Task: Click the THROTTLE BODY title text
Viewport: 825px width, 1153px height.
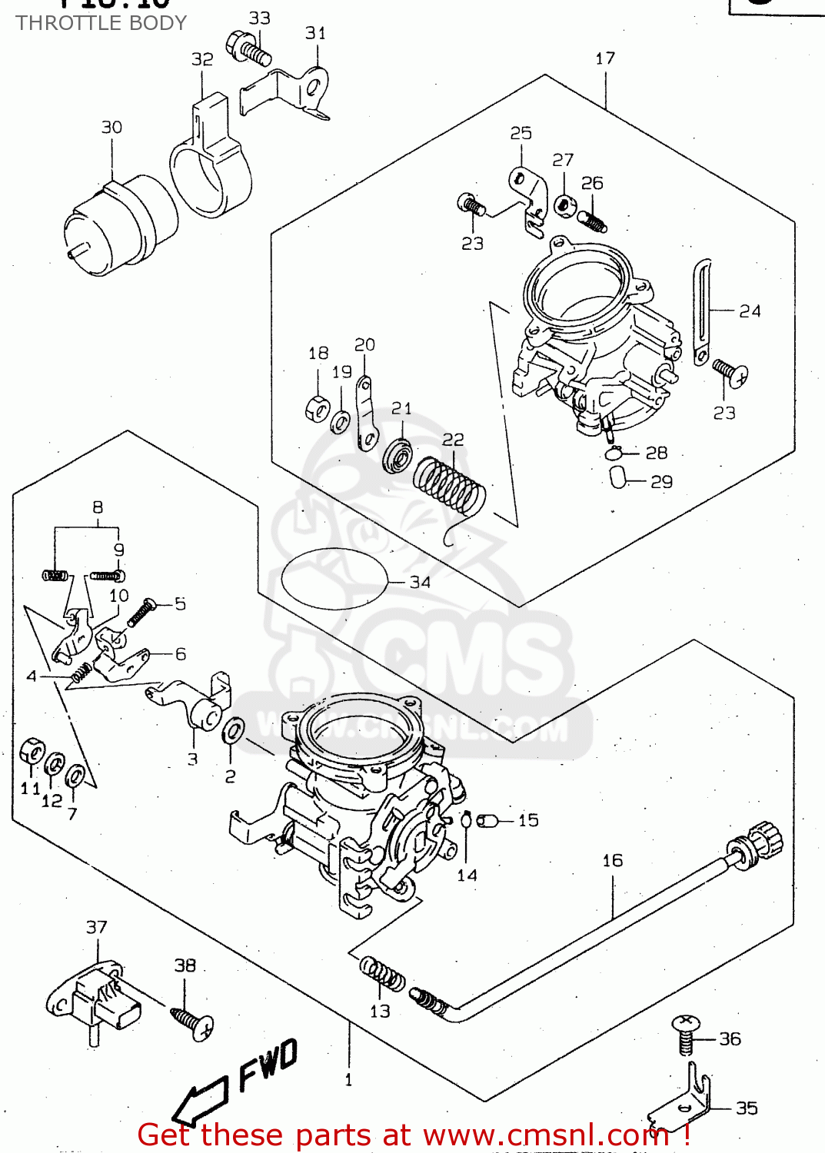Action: click(x=101, y=23)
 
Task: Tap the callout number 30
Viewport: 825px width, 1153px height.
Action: click(x=111, y=127)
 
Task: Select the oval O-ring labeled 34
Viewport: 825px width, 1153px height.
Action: click(x=334, y=579)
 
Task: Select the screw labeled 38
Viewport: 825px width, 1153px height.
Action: click(x=193, y=1023)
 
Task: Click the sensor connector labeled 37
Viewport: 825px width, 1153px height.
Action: click(x=96, y=1000)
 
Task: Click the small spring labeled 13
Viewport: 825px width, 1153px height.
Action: click(x=382, y=975)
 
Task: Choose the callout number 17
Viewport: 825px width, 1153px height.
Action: click(x=605, y=58)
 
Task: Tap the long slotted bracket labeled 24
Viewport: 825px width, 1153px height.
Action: click(x=702, y=312)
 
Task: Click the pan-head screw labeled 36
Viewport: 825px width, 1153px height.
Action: click(x=685, y=1033)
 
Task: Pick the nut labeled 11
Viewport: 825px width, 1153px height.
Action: click(x=32, y=751)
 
